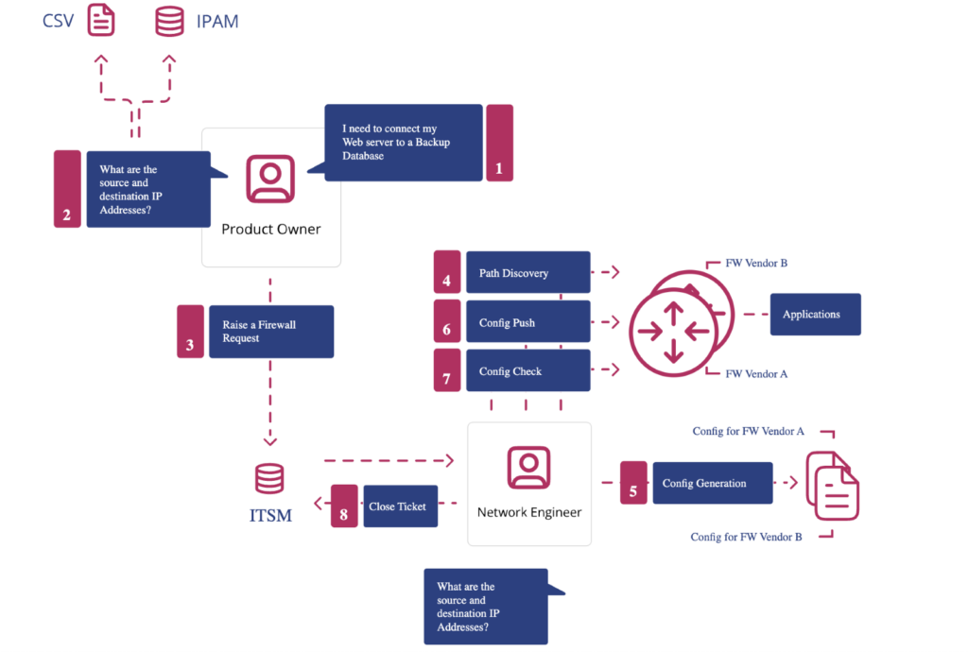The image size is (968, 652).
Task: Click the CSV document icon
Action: pyautogui.click(x=101, y=20)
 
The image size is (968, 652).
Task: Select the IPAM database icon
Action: pyautogui.click(x=169, y=20)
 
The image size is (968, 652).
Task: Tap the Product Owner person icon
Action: pyautogui.click(x=270, y=179)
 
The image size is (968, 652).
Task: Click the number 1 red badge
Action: pyautogui.click(x=499, y=143)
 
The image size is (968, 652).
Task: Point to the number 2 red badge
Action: pyautogui.click(x=67, y=189)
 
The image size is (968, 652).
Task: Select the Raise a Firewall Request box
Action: pyautogui.click(x=270, y=332)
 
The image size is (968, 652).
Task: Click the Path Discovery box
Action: pyautogui.click(x=527, y=273)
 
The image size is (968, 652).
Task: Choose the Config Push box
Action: pyautogui.click(x=527, y=322)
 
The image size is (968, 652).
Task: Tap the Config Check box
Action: pyautogui.click(x=527, y=371)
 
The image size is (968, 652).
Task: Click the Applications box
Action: pyautogui.click(x=815, y=314)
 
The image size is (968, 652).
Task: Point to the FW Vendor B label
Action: pyautogui.click(x=756, y=263)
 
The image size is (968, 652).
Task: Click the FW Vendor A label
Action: pyautogui.click(x=756, y=374)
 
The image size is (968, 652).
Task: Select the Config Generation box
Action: pyautogui.click(x=712, y=483)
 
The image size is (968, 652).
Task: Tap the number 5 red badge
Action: pyautogui.click(x=633, y=483)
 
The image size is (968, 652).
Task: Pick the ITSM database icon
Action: pyautogui.click(x=269, y=478)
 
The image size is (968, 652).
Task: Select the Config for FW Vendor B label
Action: pyautogui.click(x=746, y=537)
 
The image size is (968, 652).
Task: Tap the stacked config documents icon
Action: pyautogui.click(x=833, y=485)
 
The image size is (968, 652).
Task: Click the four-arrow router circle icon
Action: pyautogui.click(x=672, y=330)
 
